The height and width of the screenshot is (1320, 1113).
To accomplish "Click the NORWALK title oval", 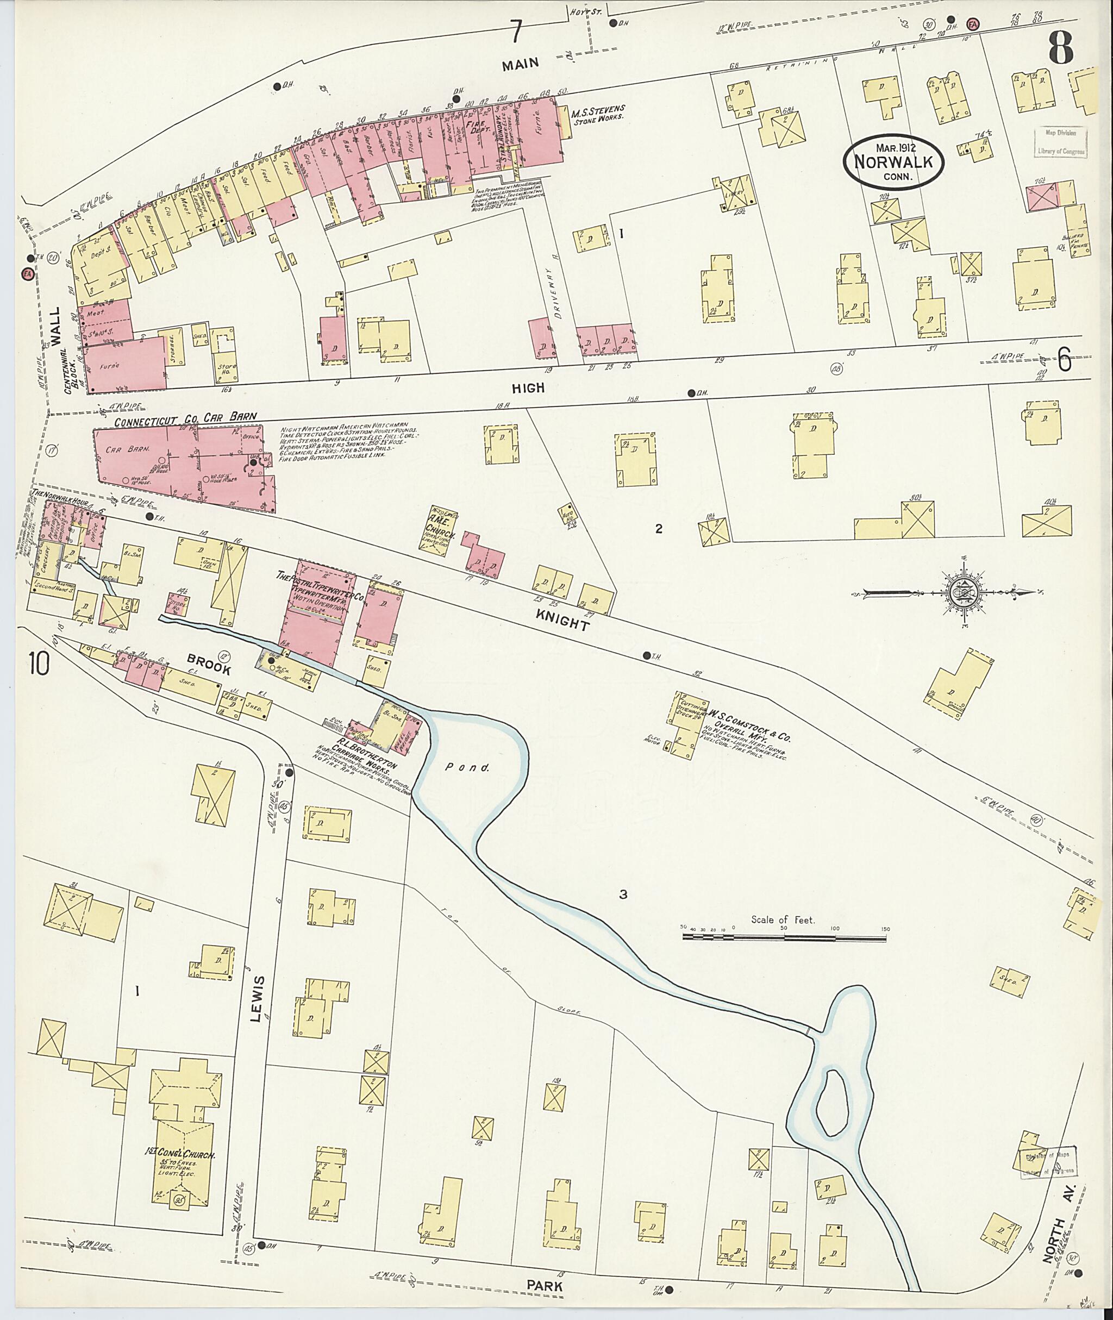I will tap(894, 161).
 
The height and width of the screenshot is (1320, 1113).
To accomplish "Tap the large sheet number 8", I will tap(1061, 47).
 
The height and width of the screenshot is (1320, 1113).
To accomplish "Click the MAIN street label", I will tap(521, 62).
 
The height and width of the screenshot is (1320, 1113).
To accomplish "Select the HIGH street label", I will tap(528, 387).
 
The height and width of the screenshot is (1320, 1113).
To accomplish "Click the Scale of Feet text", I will tap(783, 920).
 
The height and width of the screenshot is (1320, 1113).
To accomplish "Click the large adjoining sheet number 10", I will tap(39, 663).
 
